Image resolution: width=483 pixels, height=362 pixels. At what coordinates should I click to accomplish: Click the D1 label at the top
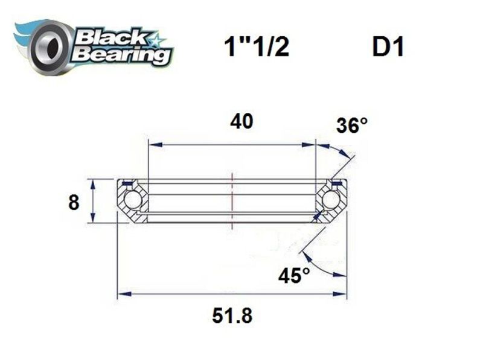pyautogui.click(x=387, y=48)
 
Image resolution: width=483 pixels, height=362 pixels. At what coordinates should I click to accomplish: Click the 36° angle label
pyautogui.click(x=352, y=125)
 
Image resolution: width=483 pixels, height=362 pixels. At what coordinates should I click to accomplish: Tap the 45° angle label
pyautogui.click(x=294, y=276)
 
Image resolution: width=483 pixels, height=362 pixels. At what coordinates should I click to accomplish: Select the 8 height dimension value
pyautogui.click(x=74, y=202)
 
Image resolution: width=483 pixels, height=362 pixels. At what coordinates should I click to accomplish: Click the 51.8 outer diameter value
pyautogui.click(x=232, y=315)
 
